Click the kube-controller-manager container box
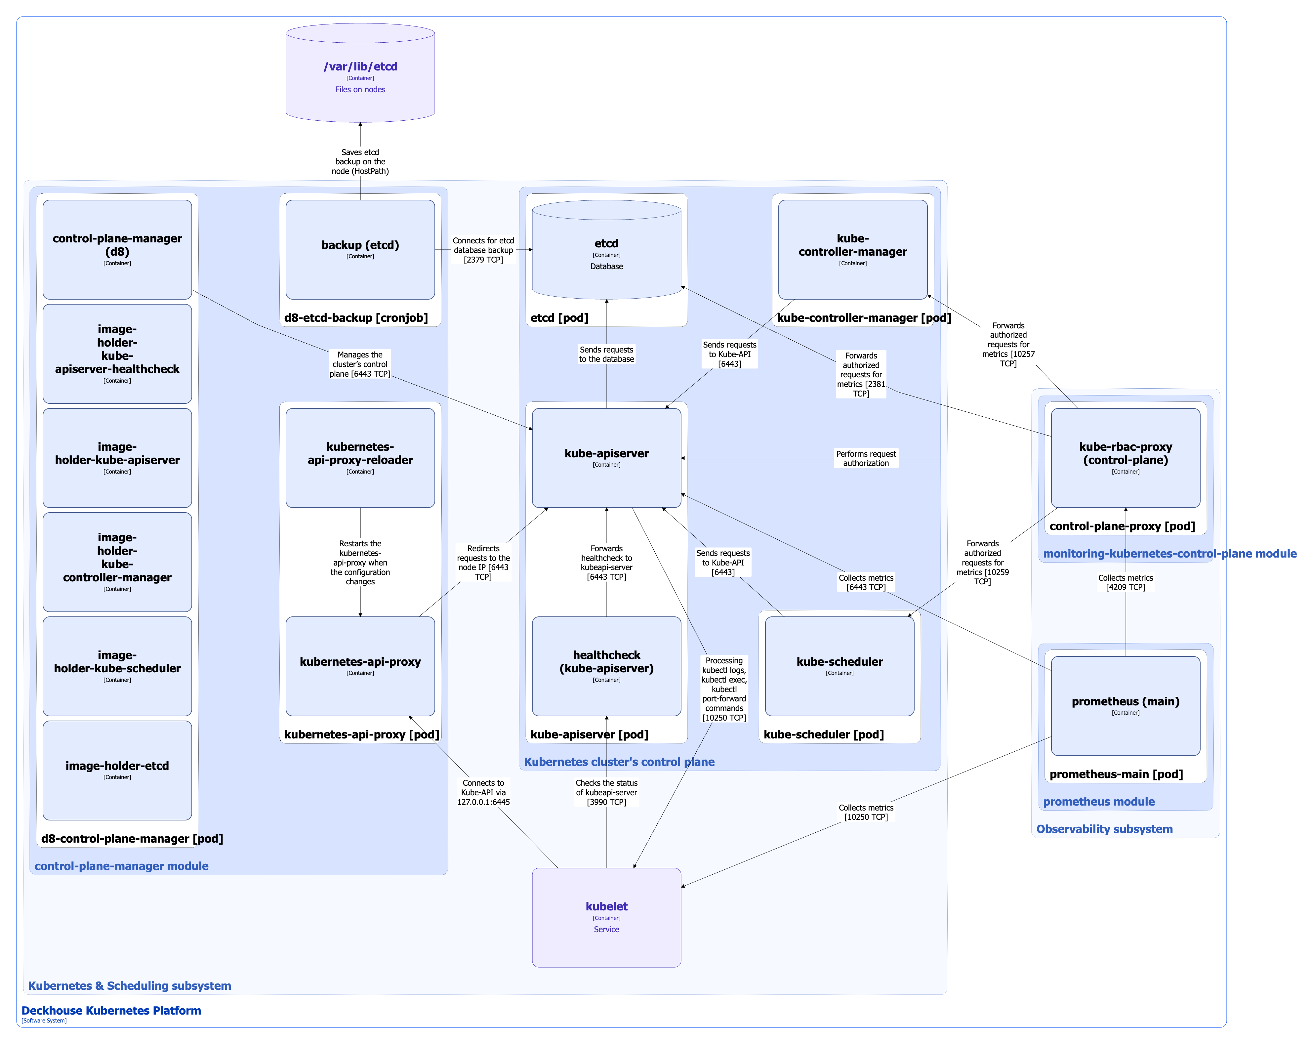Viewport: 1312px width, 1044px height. point(852,250)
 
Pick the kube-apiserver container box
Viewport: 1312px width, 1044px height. point(606,458)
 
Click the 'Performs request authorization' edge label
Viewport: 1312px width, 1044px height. point(865,458)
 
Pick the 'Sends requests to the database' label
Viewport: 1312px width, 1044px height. point(606,354)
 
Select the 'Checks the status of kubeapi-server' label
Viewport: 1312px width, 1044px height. point(606,792)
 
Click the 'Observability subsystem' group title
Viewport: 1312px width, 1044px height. point(1104,829)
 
